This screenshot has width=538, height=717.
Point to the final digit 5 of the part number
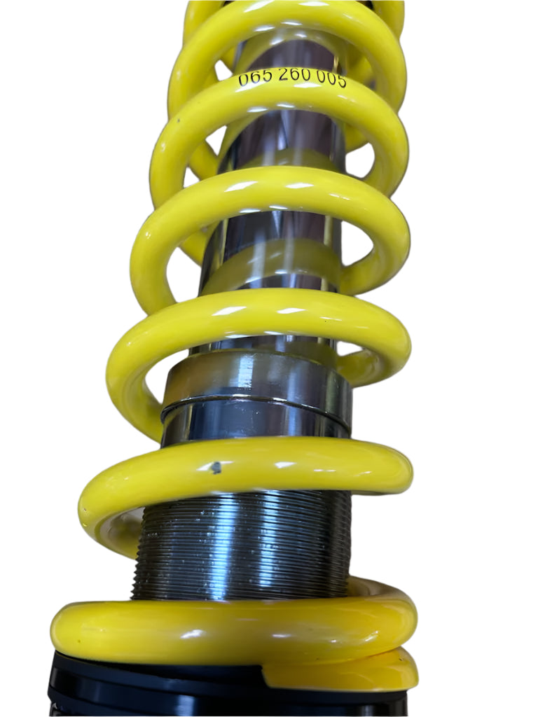(x=341, y=81)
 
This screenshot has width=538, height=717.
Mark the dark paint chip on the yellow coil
(x=216, y=467)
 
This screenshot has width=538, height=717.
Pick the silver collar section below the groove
(x=256, y=423)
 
